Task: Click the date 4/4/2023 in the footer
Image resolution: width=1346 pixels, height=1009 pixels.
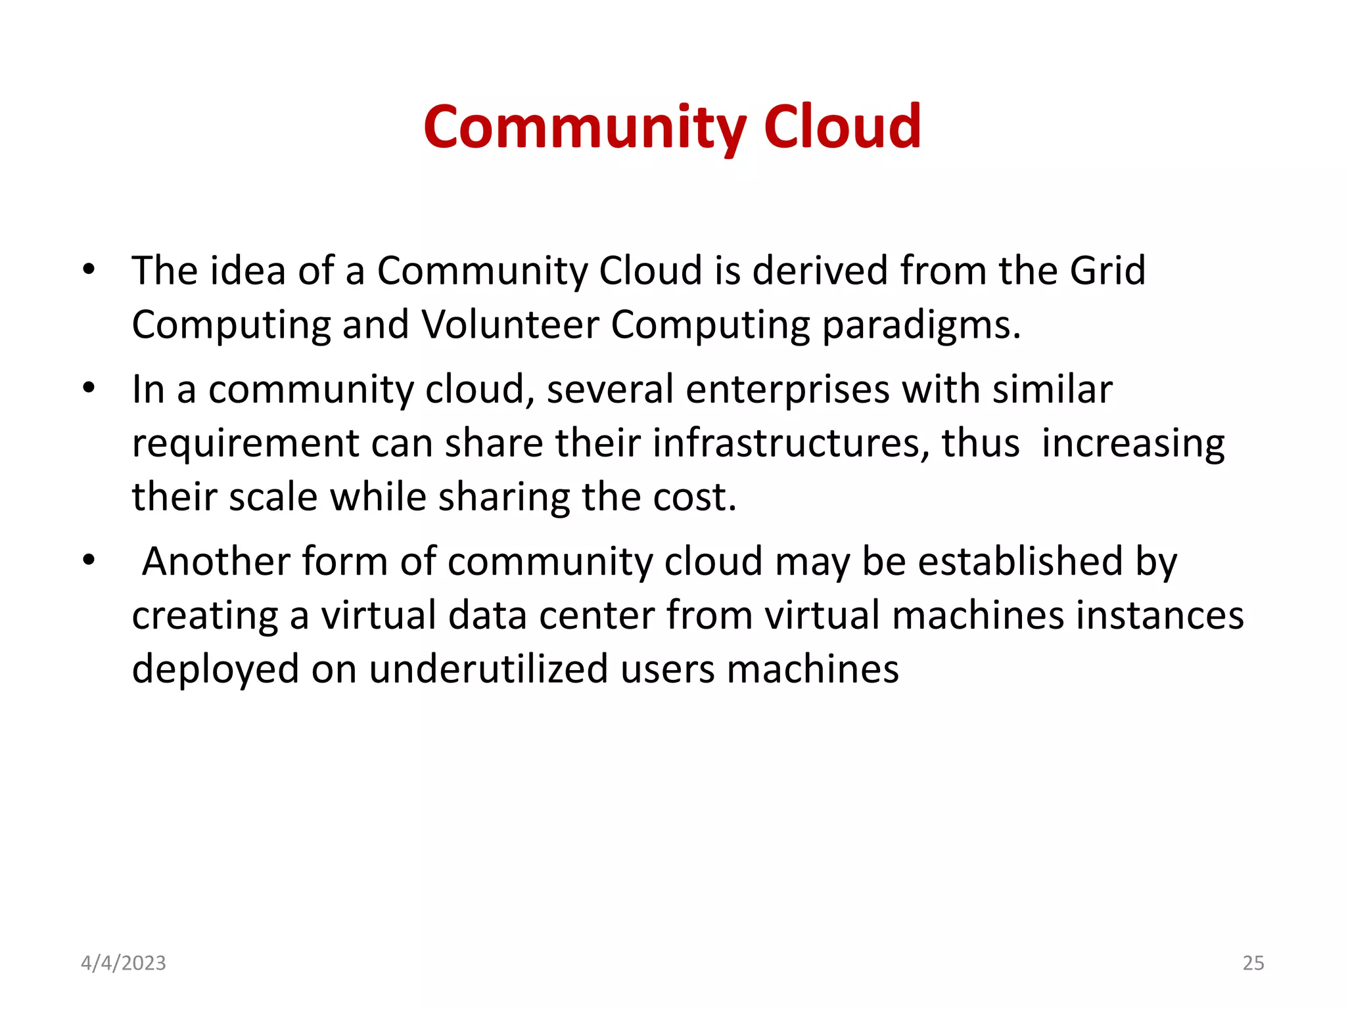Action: (124, 963)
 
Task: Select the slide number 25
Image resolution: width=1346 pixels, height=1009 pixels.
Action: (1253, 963)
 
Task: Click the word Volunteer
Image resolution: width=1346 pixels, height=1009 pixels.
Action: (510, 325)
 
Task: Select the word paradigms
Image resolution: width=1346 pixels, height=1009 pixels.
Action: (921, 326)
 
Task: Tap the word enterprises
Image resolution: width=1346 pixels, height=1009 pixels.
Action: (787, 390)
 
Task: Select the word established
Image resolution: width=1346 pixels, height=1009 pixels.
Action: (1020, 562)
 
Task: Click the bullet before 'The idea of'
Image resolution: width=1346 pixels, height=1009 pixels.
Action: (89, 269)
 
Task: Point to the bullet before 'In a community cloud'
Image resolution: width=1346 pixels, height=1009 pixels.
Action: (89, 388)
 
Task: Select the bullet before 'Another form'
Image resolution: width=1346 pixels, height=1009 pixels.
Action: (89, 561)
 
